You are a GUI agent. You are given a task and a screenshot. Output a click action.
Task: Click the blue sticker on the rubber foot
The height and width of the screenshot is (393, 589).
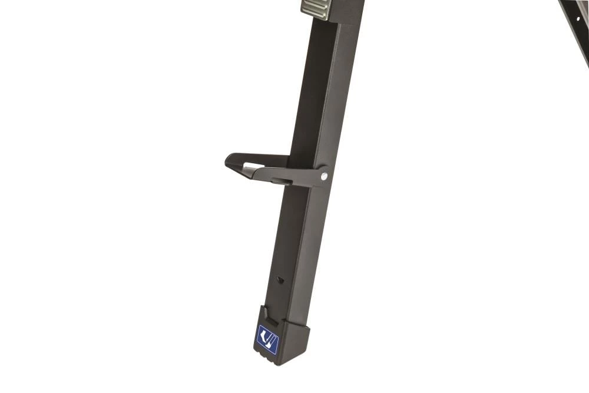coord(267,339)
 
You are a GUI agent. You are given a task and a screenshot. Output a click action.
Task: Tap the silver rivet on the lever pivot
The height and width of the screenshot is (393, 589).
coord(323,176)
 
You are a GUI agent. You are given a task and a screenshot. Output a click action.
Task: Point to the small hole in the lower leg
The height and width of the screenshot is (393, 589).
coord(280,279)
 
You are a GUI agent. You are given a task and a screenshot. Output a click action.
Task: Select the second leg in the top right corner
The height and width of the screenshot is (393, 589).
coord(576,24)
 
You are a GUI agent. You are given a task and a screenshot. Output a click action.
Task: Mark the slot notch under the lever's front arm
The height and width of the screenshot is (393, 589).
coord(282,181)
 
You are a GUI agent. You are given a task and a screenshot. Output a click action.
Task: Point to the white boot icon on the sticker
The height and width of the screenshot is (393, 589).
coord(264,338)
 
